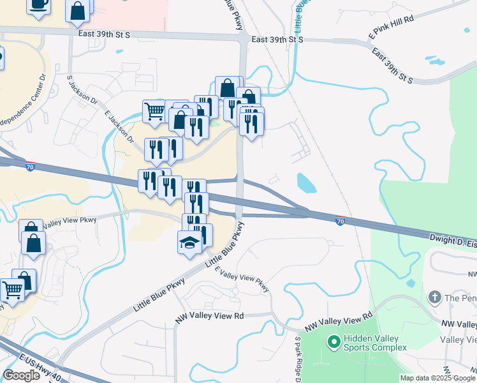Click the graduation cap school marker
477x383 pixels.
coord(189,243)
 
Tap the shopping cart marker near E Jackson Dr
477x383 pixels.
coord(154,111)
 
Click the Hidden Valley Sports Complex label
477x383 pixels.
coord(375,343)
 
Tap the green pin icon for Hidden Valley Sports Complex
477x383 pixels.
coord(333,342)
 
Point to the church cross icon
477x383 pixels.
coord(434,297)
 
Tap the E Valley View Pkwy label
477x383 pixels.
coord(243,280)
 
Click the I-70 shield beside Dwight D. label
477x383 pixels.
coord(341,221)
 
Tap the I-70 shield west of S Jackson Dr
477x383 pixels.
coord(31,166)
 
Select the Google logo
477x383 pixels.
coord(21,375)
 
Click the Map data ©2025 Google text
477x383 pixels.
coord(437,377)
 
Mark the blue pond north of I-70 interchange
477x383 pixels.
coord(306,183)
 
